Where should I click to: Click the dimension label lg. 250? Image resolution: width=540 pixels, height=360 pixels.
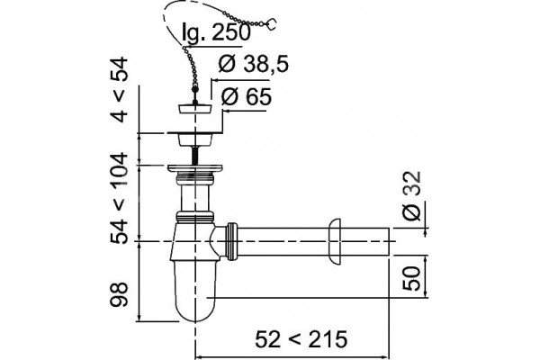216,32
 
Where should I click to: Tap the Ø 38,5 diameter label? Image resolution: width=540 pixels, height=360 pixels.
253,64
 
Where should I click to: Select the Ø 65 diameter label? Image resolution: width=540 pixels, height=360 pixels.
246,97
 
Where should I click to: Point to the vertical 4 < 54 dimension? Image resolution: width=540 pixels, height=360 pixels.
120,90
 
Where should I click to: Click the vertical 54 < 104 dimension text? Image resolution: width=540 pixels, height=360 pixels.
120,199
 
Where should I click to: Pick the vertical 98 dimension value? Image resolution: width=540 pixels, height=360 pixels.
120,295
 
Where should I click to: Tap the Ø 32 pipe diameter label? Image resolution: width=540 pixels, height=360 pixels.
412,196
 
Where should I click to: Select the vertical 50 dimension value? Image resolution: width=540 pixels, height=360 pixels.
412,279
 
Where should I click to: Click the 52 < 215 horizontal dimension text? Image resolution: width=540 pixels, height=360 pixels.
301,339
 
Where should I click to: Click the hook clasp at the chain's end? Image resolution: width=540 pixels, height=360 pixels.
272,23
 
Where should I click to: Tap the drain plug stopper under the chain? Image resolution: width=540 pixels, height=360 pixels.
195,108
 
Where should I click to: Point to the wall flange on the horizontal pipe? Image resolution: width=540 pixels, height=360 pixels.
335,242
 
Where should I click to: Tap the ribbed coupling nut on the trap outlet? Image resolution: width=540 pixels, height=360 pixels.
232,242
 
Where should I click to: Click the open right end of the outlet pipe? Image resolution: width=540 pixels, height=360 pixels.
389,242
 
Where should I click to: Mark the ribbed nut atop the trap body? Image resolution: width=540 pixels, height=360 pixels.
195,217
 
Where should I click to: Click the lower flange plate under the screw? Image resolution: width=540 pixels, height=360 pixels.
195,168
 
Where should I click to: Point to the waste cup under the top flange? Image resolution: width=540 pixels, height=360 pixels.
195,140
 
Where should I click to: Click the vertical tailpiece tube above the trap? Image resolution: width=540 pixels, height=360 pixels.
195,197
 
